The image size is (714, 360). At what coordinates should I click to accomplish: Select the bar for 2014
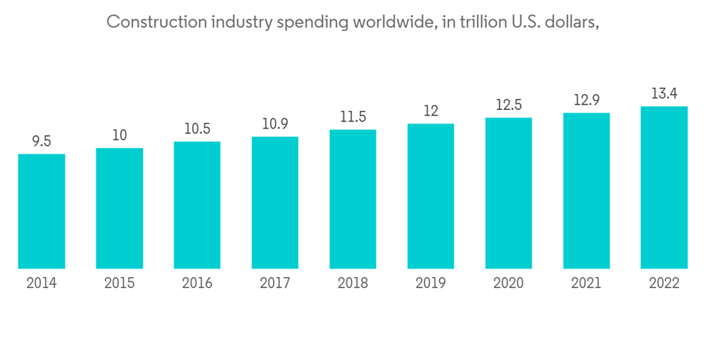pyautogui.click(x=41, y=211)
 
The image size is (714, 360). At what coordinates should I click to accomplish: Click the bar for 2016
pyautogui.click(x=197, y=205)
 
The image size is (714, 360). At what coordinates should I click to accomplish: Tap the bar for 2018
pyautogui.click(x=353, y=199)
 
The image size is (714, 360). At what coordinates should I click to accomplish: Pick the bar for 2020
pyautogui.click(x=508, y=194)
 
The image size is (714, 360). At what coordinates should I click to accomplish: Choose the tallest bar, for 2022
pyautogui.click(x=664, y=188)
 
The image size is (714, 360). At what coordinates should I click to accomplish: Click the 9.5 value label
pyautogui.click(x=41, y=141)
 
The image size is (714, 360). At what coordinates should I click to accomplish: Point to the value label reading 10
pyautogui.click(x=119, y=136)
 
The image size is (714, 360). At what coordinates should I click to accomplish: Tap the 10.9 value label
pyautogui.click(x=275, y=124)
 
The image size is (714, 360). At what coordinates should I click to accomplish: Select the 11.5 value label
pyautogui.click(x=353, y=117)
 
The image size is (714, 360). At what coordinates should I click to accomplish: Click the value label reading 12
pyautogui.click(x=431, y=111)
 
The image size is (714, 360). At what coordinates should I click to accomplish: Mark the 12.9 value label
pyautogui.click(x=586, y=101)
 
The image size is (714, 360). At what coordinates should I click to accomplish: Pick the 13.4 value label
pyautogui.click(x=664, y=94)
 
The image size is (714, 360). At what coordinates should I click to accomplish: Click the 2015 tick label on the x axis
pyautogui.click(x=119, y=284)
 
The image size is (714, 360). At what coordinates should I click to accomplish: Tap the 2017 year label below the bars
pyautogui.click(x=275, y=284)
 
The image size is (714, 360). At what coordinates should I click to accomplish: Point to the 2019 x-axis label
pyautogui.click(x=431, y=284)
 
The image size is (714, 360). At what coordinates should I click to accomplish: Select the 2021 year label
pyautogui.click(x=586, y=284)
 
